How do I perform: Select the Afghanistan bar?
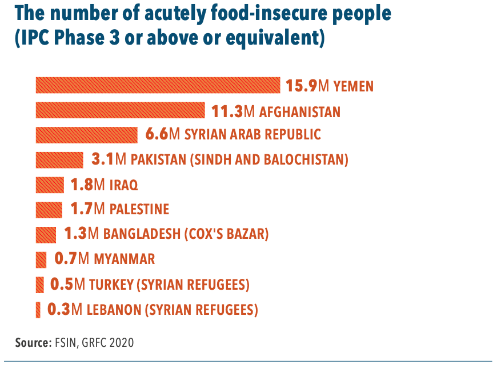click(120, 110)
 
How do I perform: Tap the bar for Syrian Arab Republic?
click(86, 134)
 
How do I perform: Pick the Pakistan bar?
click(59, 159)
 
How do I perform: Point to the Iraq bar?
click(50, 185)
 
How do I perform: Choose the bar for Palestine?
click(49, 209)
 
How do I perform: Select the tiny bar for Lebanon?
click(38, 309)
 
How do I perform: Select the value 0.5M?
click(68, 284)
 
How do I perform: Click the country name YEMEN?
click(354, 87)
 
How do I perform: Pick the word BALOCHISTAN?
click(308, 160)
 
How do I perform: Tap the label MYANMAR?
click(124, 259)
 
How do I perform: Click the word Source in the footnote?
click(31, 343)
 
